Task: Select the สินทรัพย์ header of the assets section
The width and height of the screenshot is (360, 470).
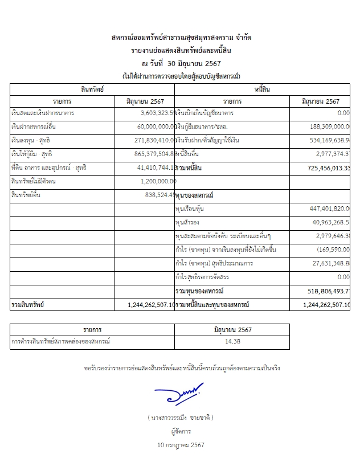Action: click(x=93, y=90)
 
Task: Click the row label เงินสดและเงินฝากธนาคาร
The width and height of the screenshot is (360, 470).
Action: click(x=39, y=113)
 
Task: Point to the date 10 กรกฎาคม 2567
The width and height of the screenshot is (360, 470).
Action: click(x=182, y=444)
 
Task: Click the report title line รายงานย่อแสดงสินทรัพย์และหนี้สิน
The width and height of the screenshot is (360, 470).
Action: click(x=182, y=51)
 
